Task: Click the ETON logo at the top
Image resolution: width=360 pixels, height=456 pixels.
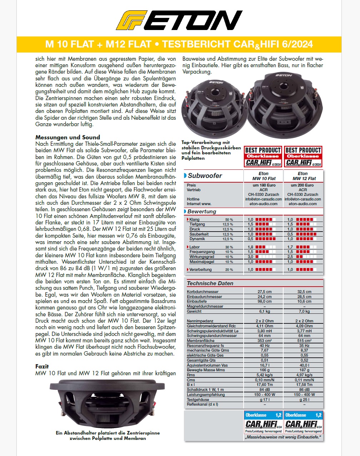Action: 179,20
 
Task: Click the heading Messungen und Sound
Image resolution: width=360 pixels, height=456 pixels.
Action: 67,137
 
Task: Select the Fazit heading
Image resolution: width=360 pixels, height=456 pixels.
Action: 42,366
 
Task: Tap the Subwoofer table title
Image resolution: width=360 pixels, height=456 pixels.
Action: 205,176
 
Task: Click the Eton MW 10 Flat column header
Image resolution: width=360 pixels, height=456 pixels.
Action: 264,176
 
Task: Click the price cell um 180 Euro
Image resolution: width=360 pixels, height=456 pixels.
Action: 264,185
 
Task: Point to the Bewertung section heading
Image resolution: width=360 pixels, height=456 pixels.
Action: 202,211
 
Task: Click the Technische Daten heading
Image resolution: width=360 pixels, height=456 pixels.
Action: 210,283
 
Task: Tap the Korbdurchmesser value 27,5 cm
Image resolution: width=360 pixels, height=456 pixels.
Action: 264,292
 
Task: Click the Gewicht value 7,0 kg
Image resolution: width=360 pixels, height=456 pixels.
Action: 304,311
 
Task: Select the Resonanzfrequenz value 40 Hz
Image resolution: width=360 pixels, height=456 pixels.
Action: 265,346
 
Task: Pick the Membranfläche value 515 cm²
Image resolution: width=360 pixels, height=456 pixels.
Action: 304,341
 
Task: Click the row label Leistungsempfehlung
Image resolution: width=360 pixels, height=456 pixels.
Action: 206,395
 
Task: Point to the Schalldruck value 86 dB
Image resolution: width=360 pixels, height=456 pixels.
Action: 304,390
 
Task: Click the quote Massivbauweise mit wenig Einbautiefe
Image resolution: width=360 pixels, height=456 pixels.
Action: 283,437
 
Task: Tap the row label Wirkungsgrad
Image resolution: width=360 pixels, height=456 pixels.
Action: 202,257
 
